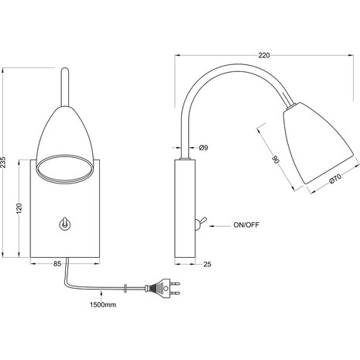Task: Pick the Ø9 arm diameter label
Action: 204,149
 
